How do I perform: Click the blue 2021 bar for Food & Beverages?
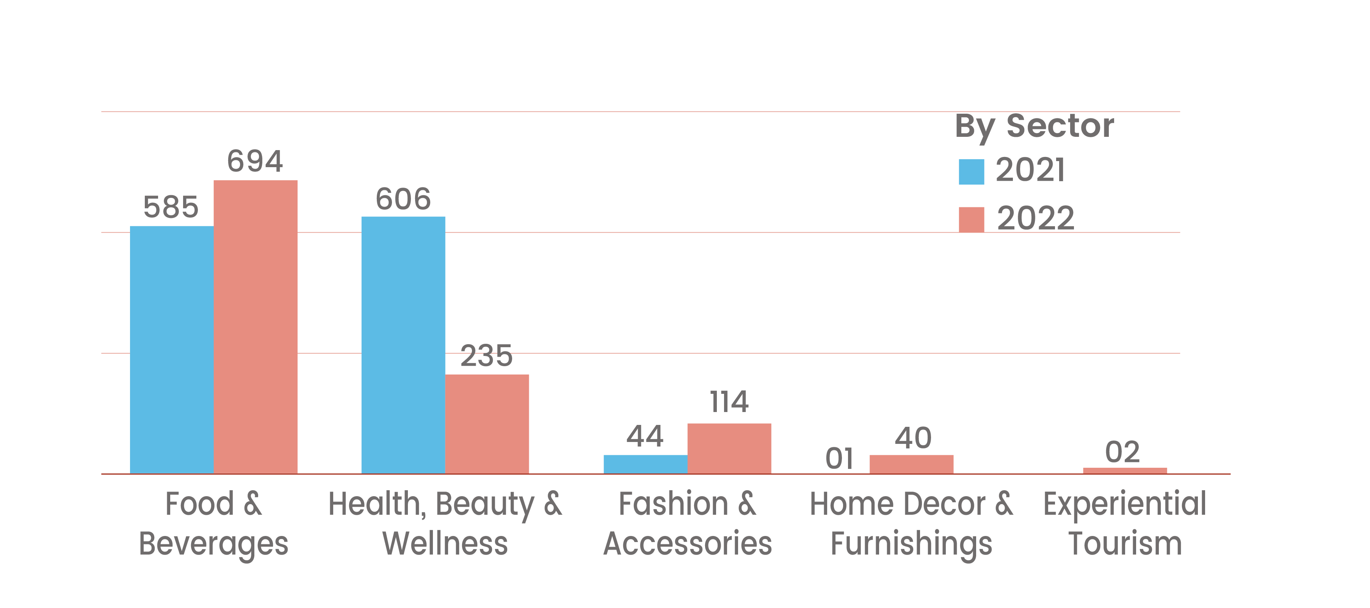[172, 349]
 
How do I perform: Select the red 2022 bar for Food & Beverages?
[255, 327]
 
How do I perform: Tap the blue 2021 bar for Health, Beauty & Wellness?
[403, 345]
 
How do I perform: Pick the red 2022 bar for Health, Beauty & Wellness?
[487, 424]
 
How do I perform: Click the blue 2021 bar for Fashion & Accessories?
[645, 464]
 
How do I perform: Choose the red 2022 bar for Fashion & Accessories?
[729, 448]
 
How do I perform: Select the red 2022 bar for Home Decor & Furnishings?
[912, 464]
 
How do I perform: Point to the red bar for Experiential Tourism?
[1125, 471]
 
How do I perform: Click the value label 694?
[255, 161]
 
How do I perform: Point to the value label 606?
[403, 199]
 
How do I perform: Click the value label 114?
[729, 402]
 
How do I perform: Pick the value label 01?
[839, 459]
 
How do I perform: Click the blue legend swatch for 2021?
[971, 172]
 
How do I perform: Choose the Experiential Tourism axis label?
[1125, 523]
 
